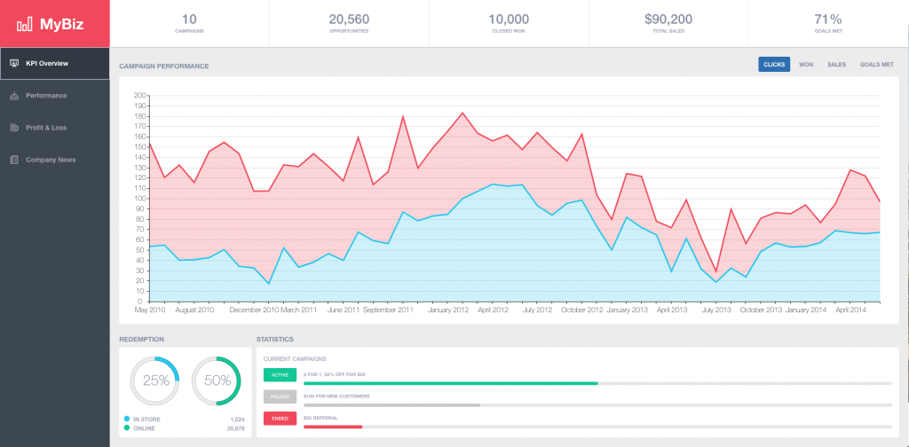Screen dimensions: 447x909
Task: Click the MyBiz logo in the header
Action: point(55,24)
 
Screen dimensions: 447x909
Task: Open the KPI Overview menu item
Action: point(46,64)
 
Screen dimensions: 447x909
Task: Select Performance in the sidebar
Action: point(45,96)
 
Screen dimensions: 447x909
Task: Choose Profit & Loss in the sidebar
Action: point(45,128)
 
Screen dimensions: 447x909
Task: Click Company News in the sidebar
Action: point(50,160)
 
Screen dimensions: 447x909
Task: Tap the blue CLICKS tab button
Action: point(774,65)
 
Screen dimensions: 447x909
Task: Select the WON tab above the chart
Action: point(806,65)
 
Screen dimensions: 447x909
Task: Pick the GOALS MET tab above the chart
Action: point(876,65)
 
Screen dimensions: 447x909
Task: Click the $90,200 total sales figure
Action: point(668,20)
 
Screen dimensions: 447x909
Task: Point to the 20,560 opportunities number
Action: point(349,20)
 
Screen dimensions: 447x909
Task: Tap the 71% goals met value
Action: point(828,20)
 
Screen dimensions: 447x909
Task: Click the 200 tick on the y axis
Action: point(138,96)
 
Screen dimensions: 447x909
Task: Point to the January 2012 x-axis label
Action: point(448,310)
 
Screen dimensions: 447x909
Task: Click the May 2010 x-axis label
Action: point(150,310)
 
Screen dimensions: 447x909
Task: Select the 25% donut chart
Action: point(155,380)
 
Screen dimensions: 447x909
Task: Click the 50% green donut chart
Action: point(217,380)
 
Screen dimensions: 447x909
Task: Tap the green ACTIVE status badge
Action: point(280,375)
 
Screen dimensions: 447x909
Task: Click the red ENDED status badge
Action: point(280,419)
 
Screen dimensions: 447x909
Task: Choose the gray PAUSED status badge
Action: point(280,396)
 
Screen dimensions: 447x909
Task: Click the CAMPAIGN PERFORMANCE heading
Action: point(164,67)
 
